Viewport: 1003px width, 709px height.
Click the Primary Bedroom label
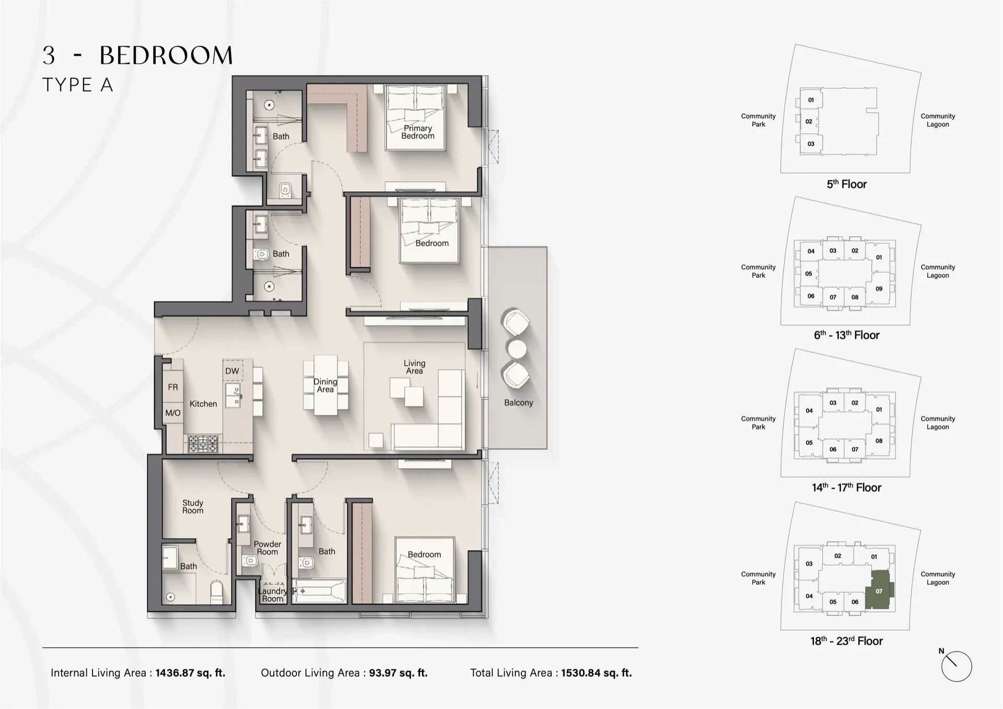click(417, 132)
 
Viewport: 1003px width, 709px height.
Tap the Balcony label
click(518, 403)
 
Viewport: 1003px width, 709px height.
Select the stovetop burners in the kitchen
click(203, 444)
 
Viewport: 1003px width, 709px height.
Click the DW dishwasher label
click(232, 371)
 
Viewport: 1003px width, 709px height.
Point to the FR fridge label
click(173, 387)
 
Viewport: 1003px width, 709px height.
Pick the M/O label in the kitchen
click(173, 413)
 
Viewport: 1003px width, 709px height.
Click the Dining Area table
click(325, 386)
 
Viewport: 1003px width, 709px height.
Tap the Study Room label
click(193, 507)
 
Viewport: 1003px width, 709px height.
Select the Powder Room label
click(267, 548)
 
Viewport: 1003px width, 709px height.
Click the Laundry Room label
click(272, 595)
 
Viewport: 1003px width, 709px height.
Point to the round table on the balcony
click(517, 349)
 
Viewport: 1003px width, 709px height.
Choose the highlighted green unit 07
click(879, 591)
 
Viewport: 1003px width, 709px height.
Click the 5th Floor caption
click(846, 184)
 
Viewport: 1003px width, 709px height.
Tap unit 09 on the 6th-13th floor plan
click(879, 288)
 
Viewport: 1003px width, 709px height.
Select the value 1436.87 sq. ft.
click(190, 673)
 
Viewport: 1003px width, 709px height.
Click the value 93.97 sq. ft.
click(398, 673)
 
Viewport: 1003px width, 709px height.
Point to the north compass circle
click(956, 667)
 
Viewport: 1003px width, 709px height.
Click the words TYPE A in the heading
click(78, 85)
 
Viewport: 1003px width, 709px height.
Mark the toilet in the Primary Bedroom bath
click(285, 190)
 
